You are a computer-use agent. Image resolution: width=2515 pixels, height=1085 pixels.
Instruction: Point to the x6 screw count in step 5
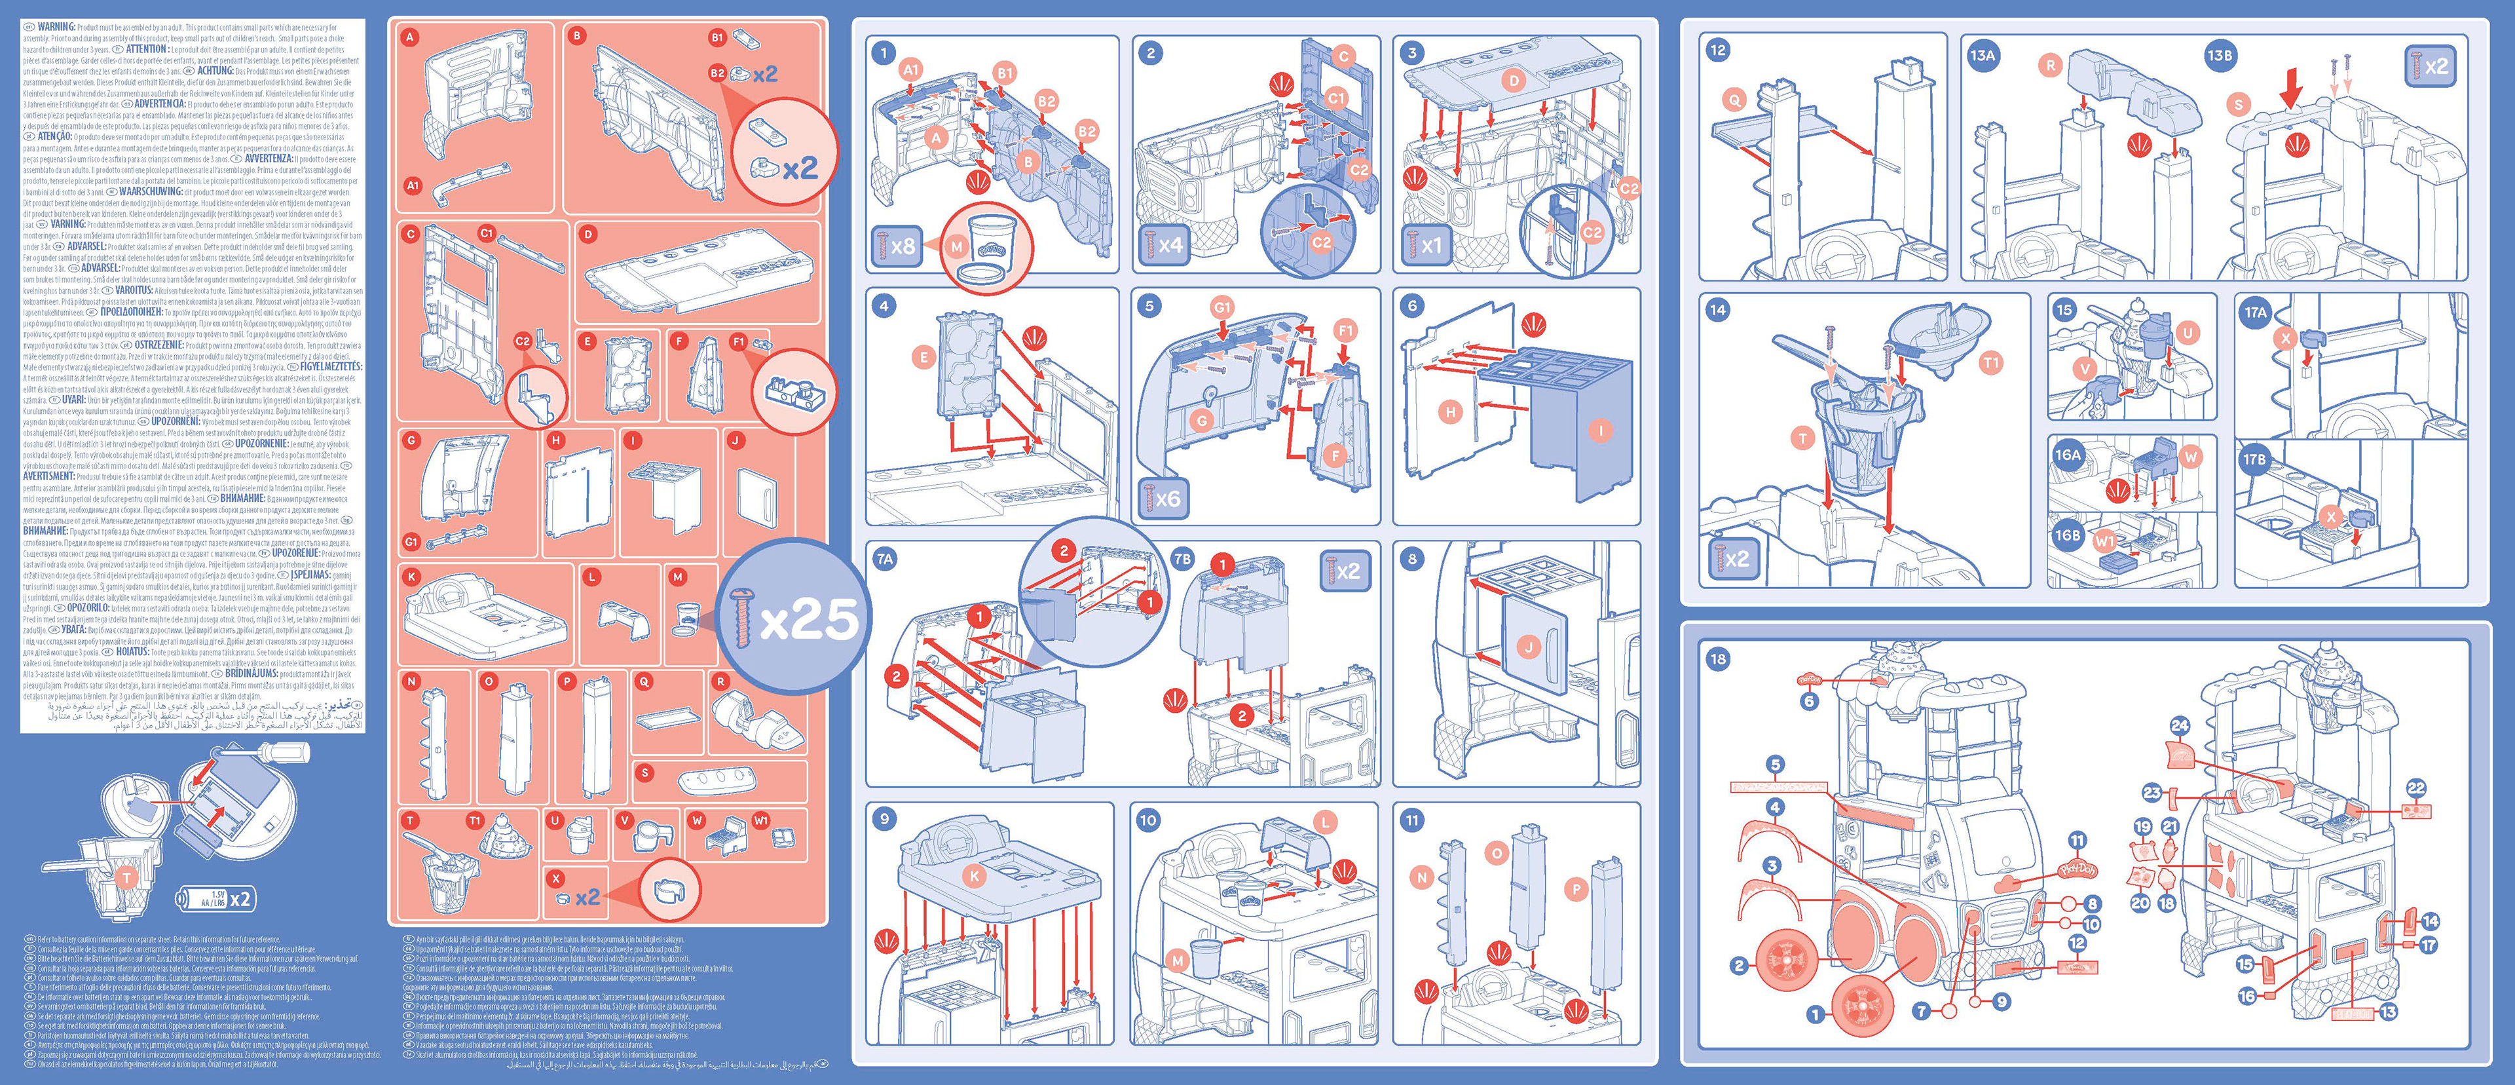point(1160,499)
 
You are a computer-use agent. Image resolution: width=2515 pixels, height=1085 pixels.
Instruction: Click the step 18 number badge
point(1717,659)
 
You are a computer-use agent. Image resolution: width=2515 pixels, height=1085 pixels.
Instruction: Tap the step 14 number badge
point(1717,310)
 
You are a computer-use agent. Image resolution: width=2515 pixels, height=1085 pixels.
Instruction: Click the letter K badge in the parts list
point(412,577)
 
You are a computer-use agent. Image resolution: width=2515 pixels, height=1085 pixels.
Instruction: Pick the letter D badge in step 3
point(1514,81)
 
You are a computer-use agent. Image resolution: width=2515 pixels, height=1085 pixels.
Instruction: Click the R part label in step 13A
point(2049,66)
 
